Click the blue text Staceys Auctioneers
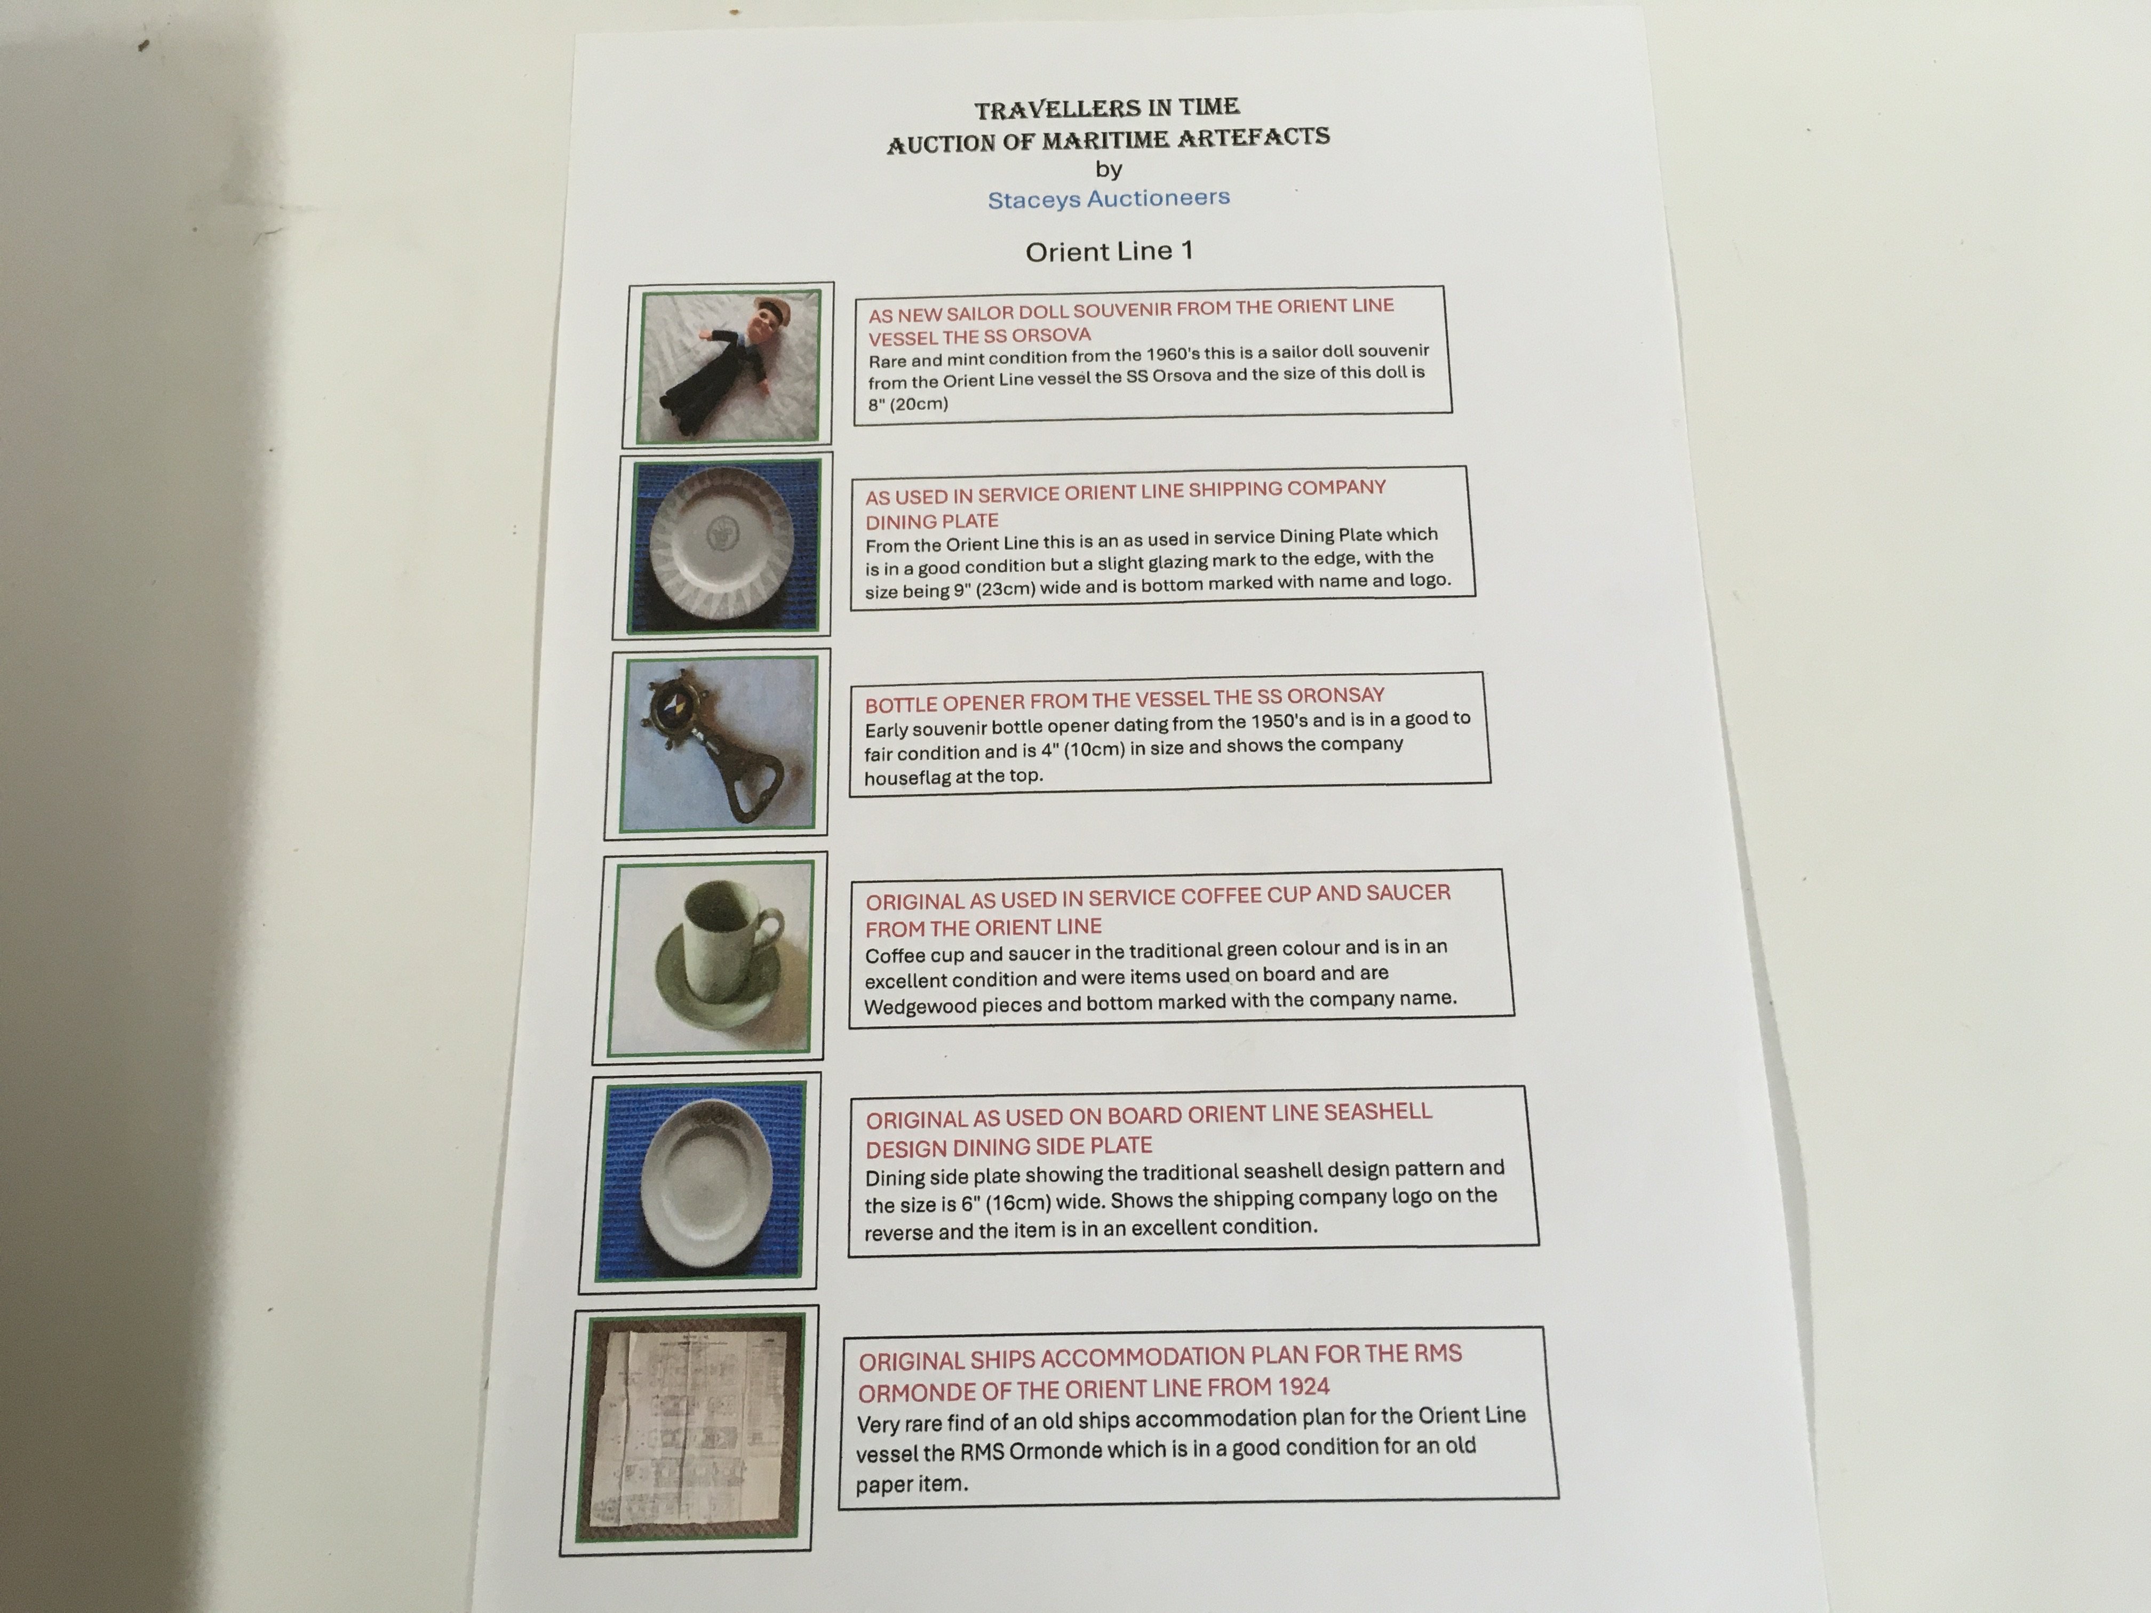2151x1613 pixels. (1109, 198)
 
